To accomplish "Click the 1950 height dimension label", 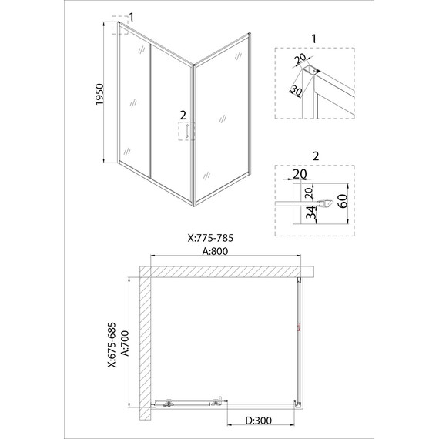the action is [99, 95].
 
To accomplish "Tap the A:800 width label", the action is [215, 251].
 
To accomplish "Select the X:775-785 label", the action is [210, 238].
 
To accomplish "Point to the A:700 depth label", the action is [125, 343].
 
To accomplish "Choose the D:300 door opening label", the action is [259, 421].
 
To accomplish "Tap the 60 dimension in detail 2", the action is [343, 201].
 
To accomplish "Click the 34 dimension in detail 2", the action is [311, 213].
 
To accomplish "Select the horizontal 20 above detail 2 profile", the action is [300, 174].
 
